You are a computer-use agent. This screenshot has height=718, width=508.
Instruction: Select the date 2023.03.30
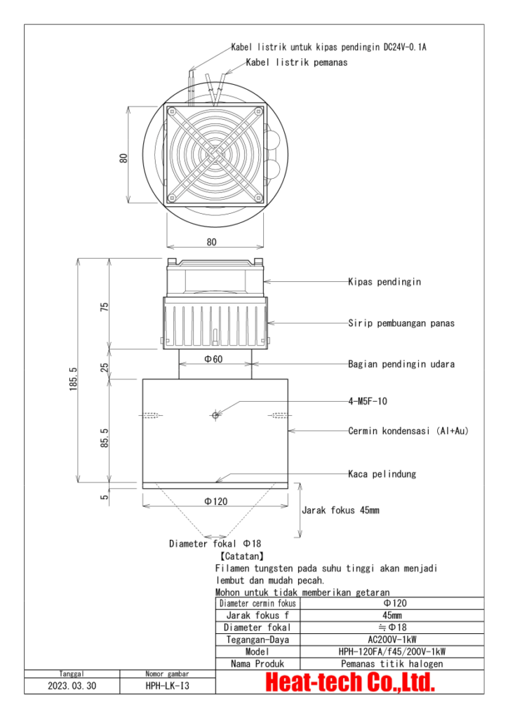(73, 686)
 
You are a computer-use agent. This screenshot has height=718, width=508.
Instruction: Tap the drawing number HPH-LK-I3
(167, 686)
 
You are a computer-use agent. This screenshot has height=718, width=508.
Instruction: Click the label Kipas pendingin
(384, 282)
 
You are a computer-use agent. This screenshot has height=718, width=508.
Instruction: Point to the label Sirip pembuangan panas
(401, 323)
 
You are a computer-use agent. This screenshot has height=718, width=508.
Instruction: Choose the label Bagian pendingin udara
(401, 364)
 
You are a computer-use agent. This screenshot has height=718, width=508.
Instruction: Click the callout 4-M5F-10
(368, 402)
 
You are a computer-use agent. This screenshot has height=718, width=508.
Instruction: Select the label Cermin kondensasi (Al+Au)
(408, 431)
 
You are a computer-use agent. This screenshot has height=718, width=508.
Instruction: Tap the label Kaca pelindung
(382, 474)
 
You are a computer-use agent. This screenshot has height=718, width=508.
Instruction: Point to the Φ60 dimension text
(213, 359)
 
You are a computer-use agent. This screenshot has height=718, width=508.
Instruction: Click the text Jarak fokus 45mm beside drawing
(340, 510)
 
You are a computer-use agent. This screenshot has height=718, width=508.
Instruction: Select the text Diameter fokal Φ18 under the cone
(210, 543)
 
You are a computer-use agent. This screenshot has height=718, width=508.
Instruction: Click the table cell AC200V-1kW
(392, 639)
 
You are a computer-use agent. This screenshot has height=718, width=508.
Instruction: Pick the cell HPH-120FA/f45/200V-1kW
(392, 651)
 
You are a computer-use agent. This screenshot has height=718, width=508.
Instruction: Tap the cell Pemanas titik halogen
(392, 663)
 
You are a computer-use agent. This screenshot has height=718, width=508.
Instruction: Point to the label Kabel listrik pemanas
(297, 62)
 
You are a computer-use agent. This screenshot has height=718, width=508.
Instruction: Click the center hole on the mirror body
(215, 415)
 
